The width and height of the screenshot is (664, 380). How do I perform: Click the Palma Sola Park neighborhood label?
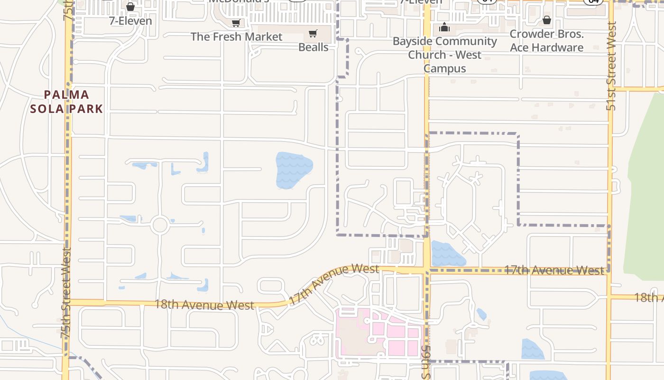(66, 102)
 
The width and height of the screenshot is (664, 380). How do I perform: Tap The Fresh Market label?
(236, 37)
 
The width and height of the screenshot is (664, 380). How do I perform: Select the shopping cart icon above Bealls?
(313, 33)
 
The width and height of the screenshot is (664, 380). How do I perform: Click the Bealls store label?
(313, 47)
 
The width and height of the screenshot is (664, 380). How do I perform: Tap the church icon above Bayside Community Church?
(444, 27)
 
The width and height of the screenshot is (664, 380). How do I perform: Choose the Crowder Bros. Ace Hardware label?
(546, 41)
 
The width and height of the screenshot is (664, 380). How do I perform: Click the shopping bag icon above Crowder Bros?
(546, 20)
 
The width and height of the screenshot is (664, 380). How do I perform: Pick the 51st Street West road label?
(611, 66)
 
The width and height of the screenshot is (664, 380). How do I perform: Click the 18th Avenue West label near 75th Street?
(204, 304)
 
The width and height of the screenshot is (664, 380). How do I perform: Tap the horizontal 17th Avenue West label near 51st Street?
(554, 270)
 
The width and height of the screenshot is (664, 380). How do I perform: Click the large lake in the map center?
(294, 169)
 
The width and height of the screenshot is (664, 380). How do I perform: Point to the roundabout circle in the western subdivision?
(160, 225)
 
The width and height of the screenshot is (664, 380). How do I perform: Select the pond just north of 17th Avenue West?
(446, 254)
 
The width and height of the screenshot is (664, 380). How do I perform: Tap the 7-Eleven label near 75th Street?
(130, 21)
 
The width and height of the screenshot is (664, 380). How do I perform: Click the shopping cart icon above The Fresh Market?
(236, 23)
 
